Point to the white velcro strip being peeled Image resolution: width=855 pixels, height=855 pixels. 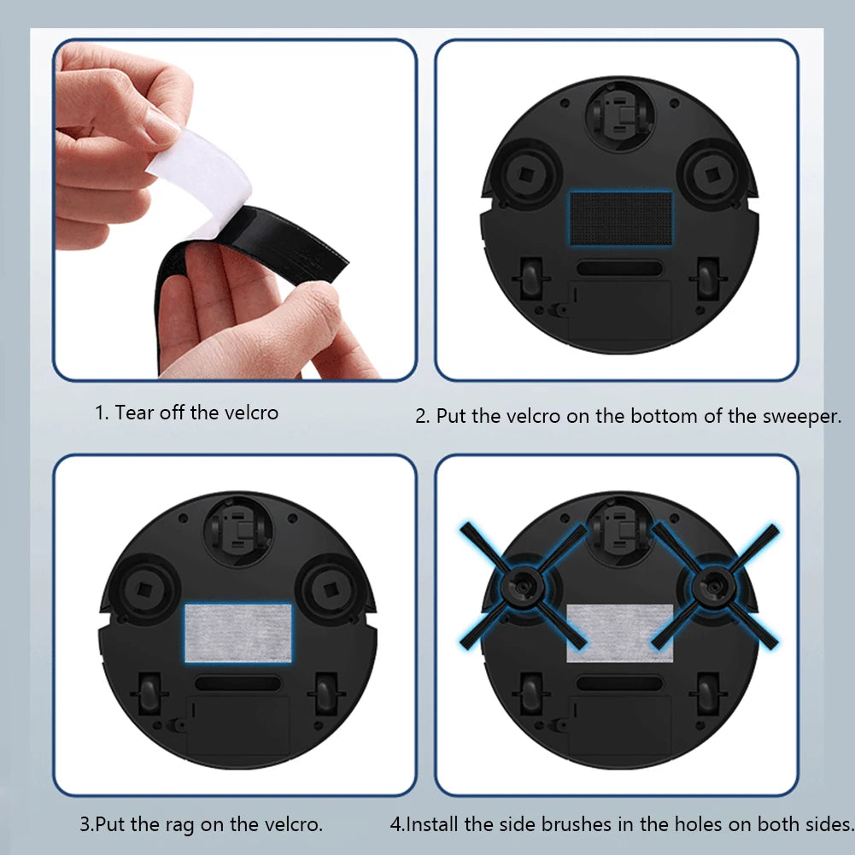click(x=200, y=179)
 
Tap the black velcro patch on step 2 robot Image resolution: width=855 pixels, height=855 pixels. click(x=620, y=218)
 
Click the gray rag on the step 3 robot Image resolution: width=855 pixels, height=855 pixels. click(x=238, y=633)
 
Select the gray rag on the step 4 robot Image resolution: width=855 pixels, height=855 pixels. click(x=620, y=632)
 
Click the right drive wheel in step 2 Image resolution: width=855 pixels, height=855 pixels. click(x=708, y=278)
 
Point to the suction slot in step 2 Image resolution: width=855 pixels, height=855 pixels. click(x=619, y=268)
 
